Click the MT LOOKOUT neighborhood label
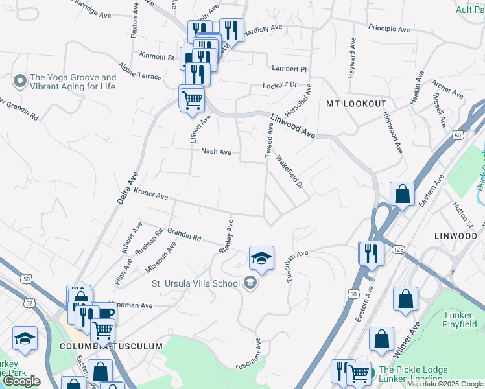click(x=356, y=104)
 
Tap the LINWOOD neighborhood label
click(x=456, y=236)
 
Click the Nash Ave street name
click(x=217, y=152)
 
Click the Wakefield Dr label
click(x=290, y=172)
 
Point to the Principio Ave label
click(x=389, y=29)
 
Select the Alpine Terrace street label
click(x=139, y=71)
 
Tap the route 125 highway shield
click(x=398, y=249)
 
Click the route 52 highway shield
click(x=30, y=302)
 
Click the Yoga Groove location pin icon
click(x=19, y=81)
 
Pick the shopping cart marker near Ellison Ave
click(x=192, y=100)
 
